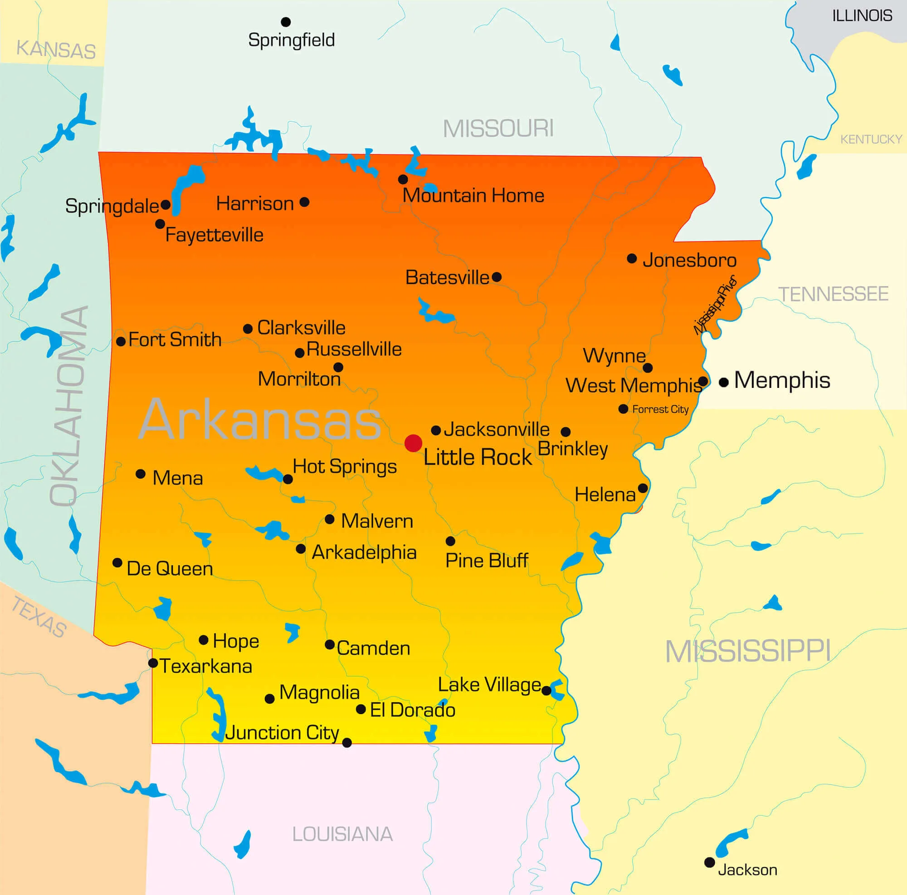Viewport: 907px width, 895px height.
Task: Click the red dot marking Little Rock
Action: (x=413, y=443)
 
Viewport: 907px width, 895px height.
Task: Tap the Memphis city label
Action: (x=782, y=380)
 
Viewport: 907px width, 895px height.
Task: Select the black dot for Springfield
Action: (x=285, y=22)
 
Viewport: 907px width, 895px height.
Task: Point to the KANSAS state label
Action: (x=56, y=49)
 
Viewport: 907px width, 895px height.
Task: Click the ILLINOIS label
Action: (x=862, y=16)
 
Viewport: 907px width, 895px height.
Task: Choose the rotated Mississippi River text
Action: (x=715, y=305)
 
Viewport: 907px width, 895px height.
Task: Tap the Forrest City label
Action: (x=660, y=409)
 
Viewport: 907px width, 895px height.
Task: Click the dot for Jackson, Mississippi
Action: (x=709, y=862)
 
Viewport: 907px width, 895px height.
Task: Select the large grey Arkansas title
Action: (x=259, y=419)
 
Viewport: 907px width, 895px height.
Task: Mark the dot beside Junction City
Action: (x=347, y=743)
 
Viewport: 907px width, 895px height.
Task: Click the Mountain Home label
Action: (x=473, y=195)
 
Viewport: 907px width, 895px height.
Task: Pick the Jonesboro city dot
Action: (x=632, y=258)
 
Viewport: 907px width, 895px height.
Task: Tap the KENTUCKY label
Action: (x=871, y=139)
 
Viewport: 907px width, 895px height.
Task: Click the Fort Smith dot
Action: (x=121, y=342)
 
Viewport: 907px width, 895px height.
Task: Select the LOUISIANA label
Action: (x=342, y=834)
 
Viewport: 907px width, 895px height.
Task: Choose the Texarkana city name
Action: (x=205, y=666)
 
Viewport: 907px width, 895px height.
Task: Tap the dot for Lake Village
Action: (x=546, y=691)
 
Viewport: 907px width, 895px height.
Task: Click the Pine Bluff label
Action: (x=486, y=560)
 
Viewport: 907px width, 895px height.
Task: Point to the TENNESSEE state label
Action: (x=833, y=294)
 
